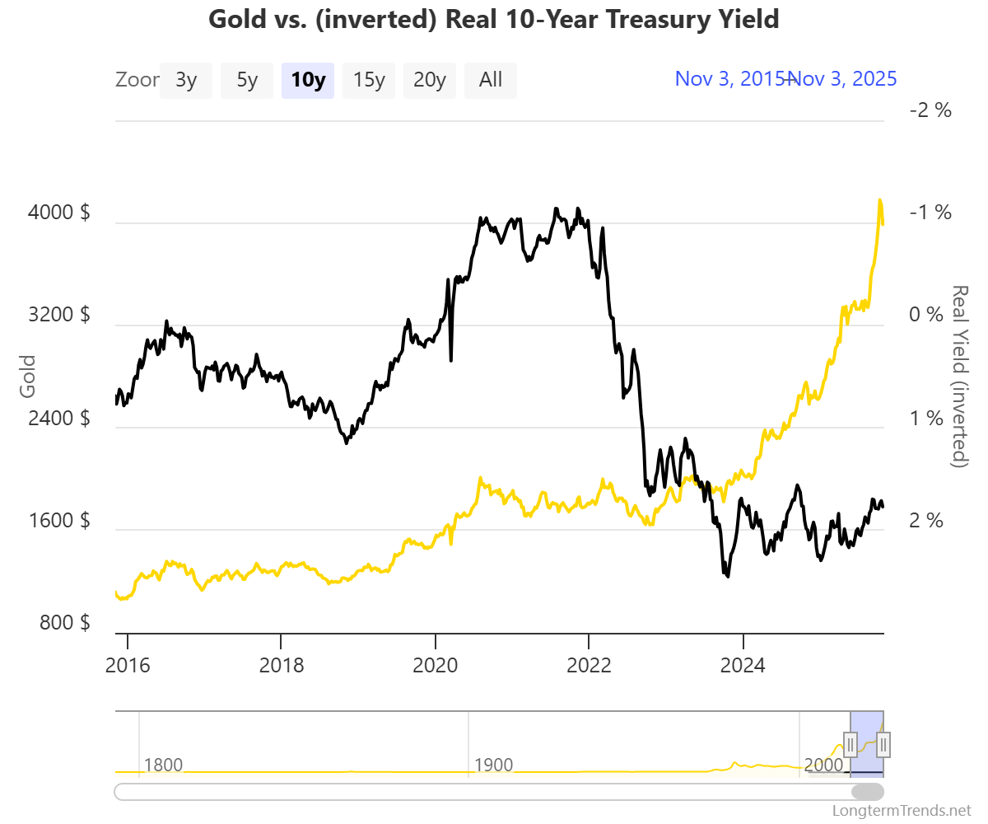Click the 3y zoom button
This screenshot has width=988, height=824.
coord(185,81)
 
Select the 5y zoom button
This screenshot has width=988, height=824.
coord(247,81)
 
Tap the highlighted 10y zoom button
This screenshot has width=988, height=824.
coord(308,81)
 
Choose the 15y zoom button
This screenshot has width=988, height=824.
coord(369,81)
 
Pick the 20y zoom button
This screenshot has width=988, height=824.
coord(430,81)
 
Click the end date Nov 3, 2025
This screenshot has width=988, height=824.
coord(844,79)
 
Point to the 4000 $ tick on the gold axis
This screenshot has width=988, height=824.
coord(59,213)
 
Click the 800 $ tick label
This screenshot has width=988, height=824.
coord(64,623)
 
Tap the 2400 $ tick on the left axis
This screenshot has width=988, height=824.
coord(59,418)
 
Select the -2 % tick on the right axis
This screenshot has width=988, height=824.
coord(930,110)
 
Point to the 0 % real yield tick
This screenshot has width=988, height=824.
coord(930,316)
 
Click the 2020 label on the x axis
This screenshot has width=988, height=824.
coord(435,665)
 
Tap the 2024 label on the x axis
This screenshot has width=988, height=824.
coord(743,665)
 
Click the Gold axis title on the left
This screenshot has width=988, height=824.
coord(28,377)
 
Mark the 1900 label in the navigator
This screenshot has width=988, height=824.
coord(493,765)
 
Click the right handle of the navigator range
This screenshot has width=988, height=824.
coord(883,745)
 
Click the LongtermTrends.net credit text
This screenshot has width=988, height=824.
coord(902,811)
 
